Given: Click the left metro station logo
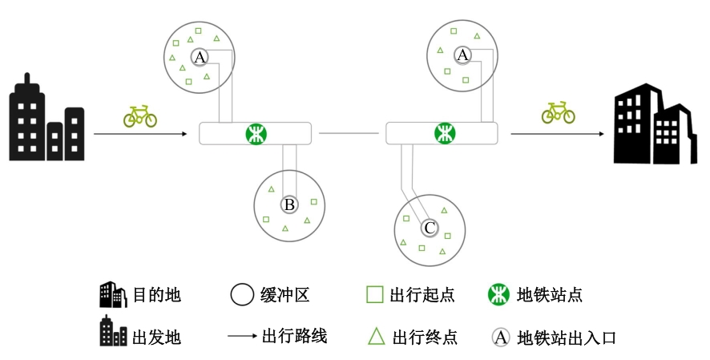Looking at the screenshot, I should pyautogui.click(x=256, y=133).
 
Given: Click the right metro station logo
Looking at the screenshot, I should pyautogui.click(x=444, y=133).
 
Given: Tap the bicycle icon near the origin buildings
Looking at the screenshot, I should pyautogui.click(x=140, y=116).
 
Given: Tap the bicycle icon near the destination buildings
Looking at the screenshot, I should pyautogui.click(x=558, y=112).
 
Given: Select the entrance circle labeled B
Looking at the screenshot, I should pyautogui.click(x=289, y=206).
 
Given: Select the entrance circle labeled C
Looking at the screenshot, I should pyautogui.click(x=430, y=229).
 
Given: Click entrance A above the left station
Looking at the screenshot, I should pyautogui.click(x=200, y=57).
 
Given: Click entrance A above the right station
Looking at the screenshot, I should pyautogui.click(x=462, y=55).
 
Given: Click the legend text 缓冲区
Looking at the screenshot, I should pyautogui.click(x=285, y=295).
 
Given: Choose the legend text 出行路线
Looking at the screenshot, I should pyautogui.click(x=294, y=336).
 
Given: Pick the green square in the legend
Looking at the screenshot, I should pyautogui.click(x=374, y=294).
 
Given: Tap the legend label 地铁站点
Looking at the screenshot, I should pyautogui.click(x=550, y=295).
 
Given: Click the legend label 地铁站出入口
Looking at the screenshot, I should pyautogui.click(x=567, y=338).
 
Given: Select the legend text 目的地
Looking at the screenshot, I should pyautogui.click(x=157, y=295).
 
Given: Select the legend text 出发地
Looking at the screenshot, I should pyautogui.click(x=157, y=337).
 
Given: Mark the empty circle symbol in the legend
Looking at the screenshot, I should pyautogui.click(x=241, y=295).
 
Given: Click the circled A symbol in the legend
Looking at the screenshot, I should pyautogui.click(x=501, y=337).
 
